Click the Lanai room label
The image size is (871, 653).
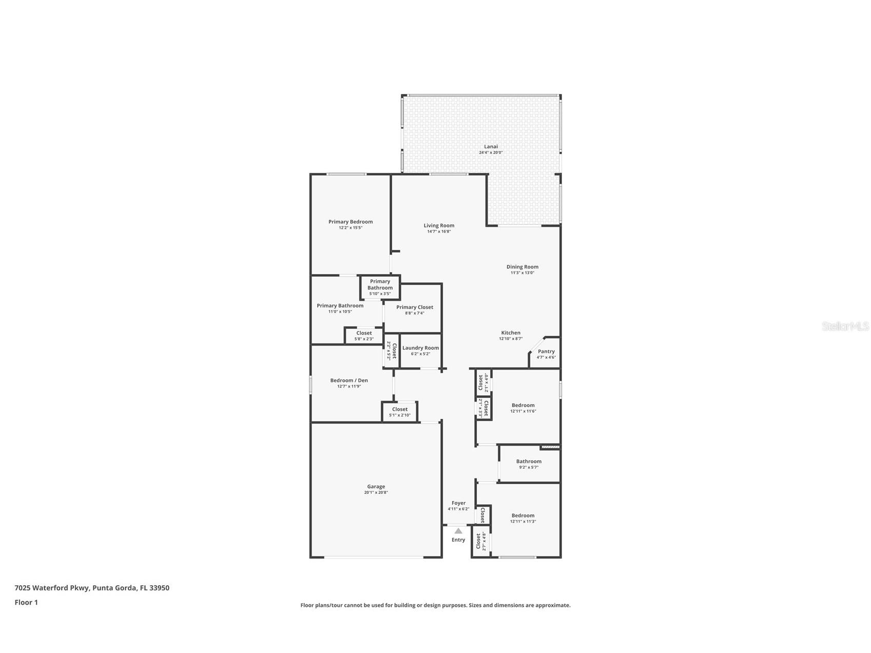tap(491, 147)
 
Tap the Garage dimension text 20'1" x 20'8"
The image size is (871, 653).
tap(376, 493)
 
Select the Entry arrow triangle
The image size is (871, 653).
tap(458, 531)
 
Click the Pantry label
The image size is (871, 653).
tap(546, 352)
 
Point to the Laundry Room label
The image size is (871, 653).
tap(420, 348)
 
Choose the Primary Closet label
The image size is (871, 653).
tap(414, 308)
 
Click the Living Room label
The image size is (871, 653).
tap(439, 225)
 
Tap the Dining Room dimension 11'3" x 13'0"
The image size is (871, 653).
tap(522, 273)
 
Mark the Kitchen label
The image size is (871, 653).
tap(511, 333)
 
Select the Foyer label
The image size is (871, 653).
tap(458, 503)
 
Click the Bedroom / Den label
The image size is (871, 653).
tap(349, 380)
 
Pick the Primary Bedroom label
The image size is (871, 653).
tap(351, 222)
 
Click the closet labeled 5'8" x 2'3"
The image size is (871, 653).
tap(364, 336)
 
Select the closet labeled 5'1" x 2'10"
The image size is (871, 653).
tap(400, 412)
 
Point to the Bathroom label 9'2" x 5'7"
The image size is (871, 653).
tap(529, 462)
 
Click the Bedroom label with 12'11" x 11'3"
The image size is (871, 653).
tap(522, 515)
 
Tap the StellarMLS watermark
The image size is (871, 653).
tap(845, 326)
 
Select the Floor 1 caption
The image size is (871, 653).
tap(26, 603)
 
